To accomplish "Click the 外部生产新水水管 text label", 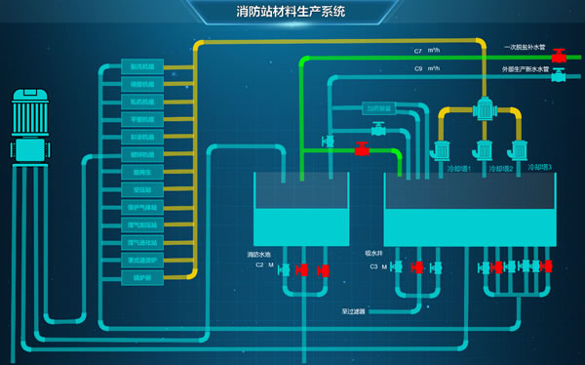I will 527,69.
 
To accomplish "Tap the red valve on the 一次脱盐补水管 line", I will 559,57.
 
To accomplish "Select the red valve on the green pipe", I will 361,149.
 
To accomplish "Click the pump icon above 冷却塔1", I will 441,150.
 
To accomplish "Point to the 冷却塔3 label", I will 539,168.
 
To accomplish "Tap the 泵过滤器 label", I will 353,312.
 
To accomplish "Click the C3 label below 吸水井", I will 373,265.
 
